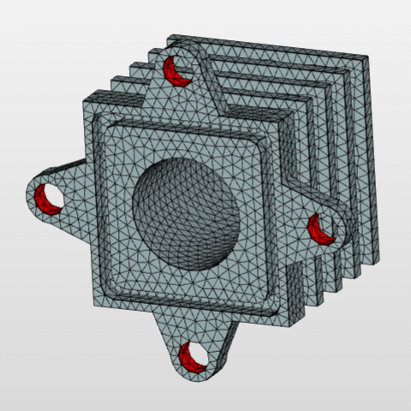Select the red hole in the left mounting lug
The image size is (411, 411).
49,199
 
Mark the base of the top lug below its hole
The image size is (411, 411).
185,98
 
